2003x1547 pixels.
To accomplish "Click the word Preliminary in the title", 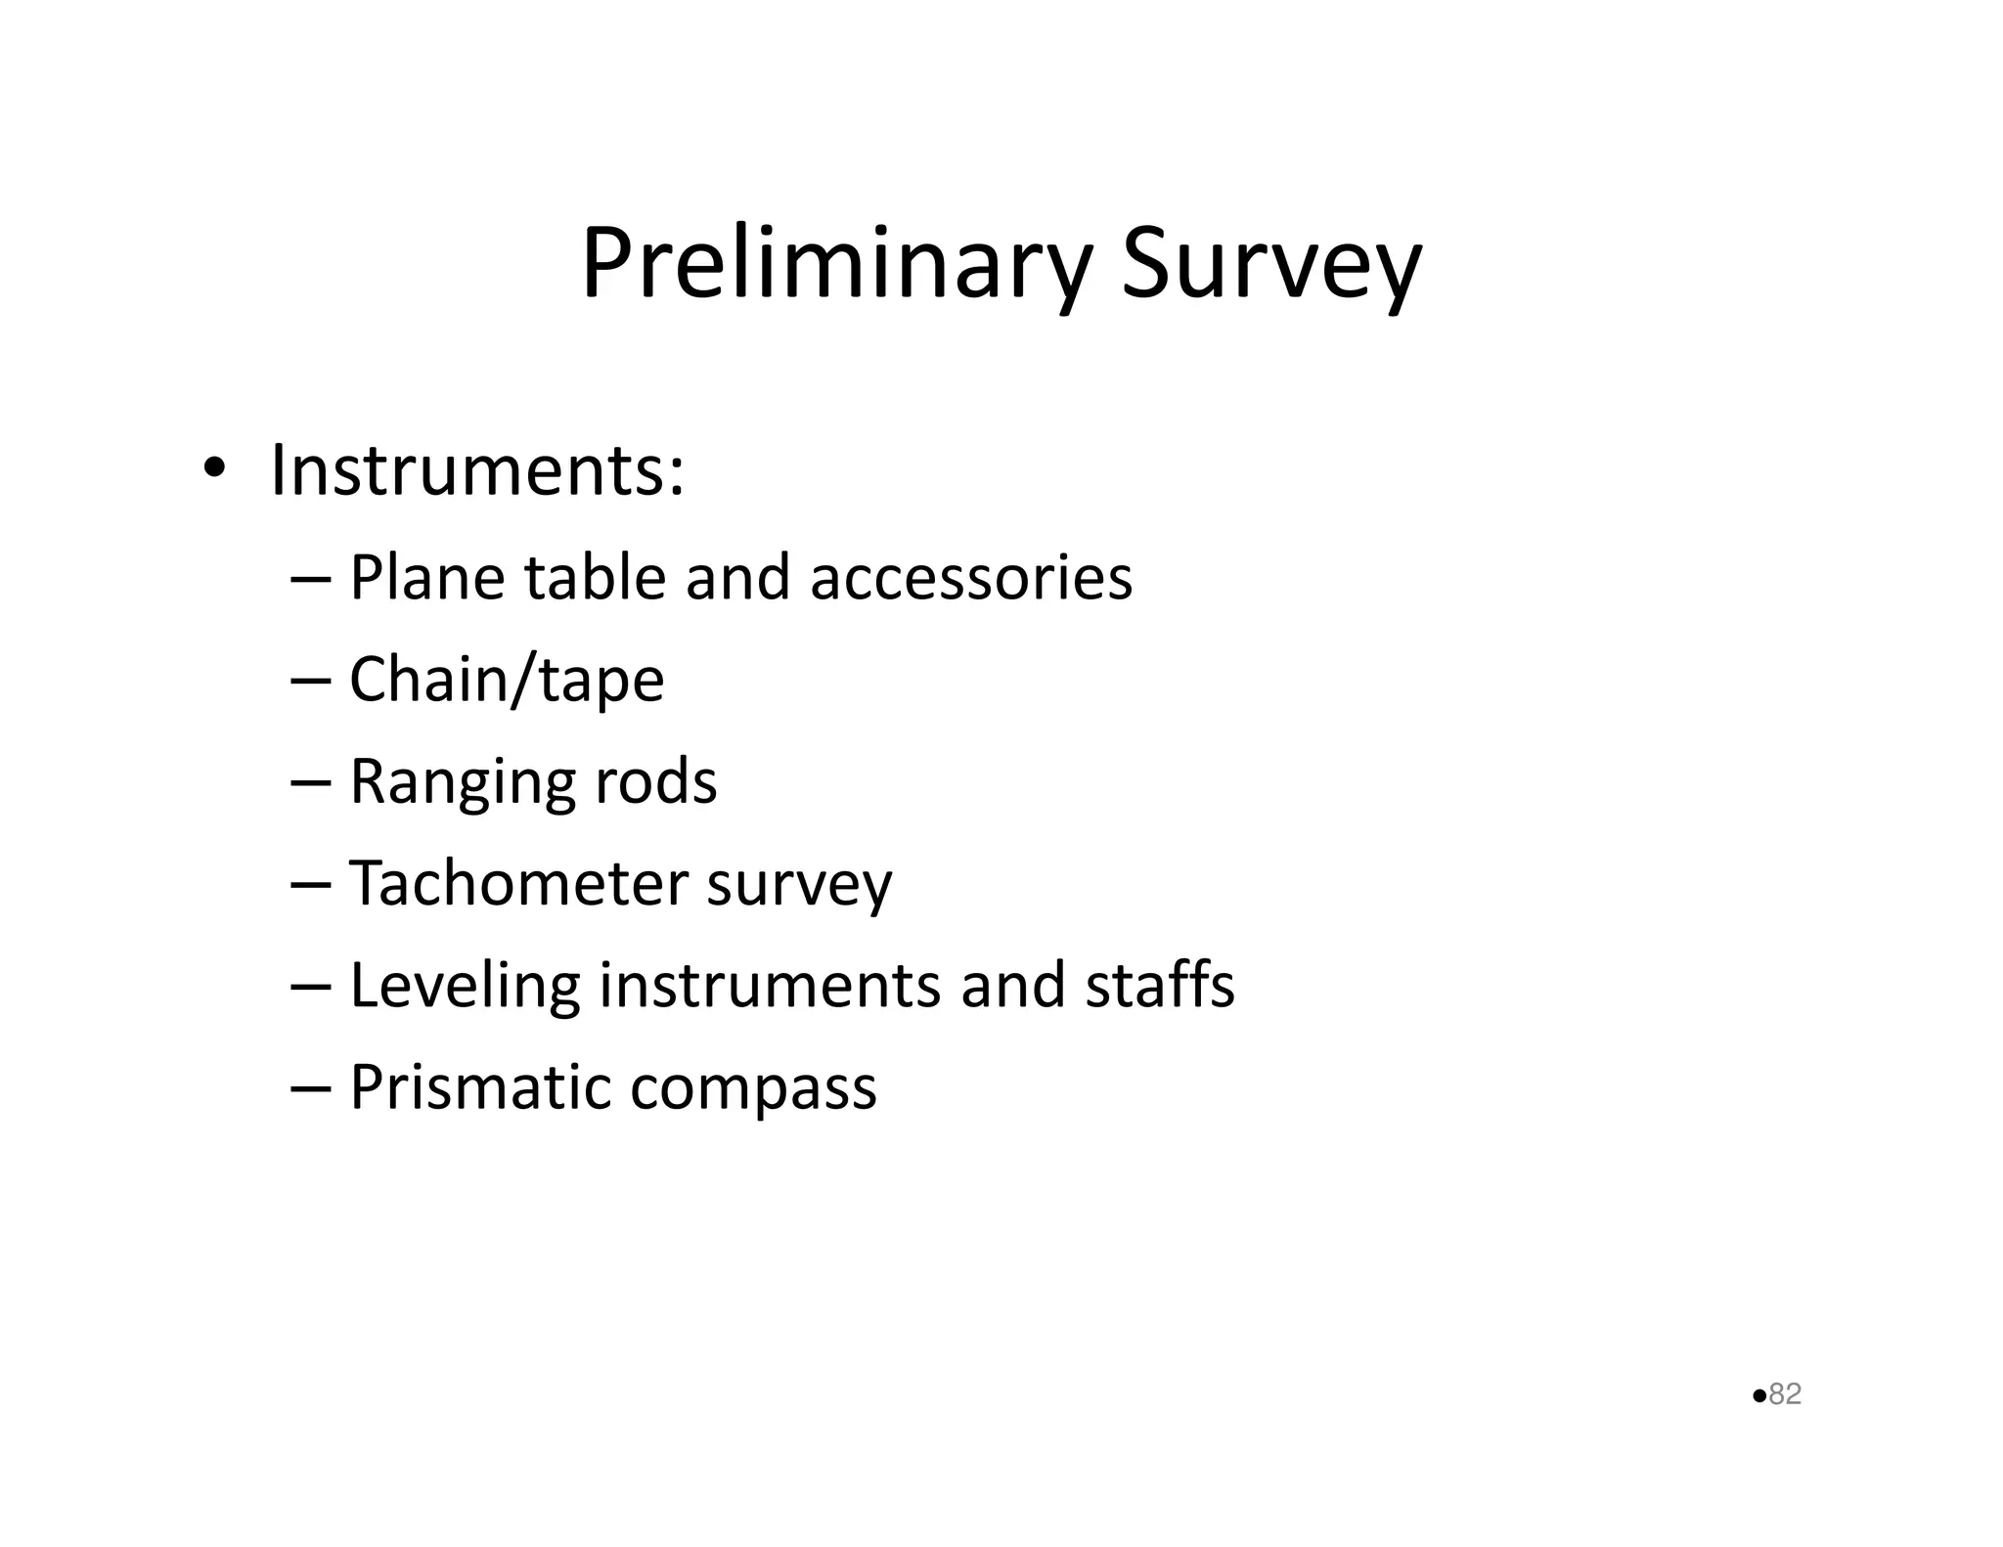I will [x=835, y=264].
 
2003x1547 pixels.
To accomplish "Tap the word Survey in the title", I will [x=1270, y=264].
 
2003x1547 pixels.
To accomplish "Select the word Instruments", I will [x=476, y=470].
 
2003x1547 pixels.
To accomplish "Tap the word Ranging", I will [x=463, y=782].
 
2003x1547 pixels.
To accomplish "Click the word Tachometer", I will [x=518, y=883].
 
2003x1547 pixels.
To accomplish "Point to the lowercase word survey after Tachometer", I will [x=799, y=884].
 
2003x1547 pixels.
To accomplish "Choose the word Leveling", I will [x=465, y=985].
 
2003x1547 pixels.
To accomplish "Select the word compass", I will [x=753, y=1087].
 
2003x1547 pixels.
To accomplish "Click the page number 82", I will [x=1785, y=1393].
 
